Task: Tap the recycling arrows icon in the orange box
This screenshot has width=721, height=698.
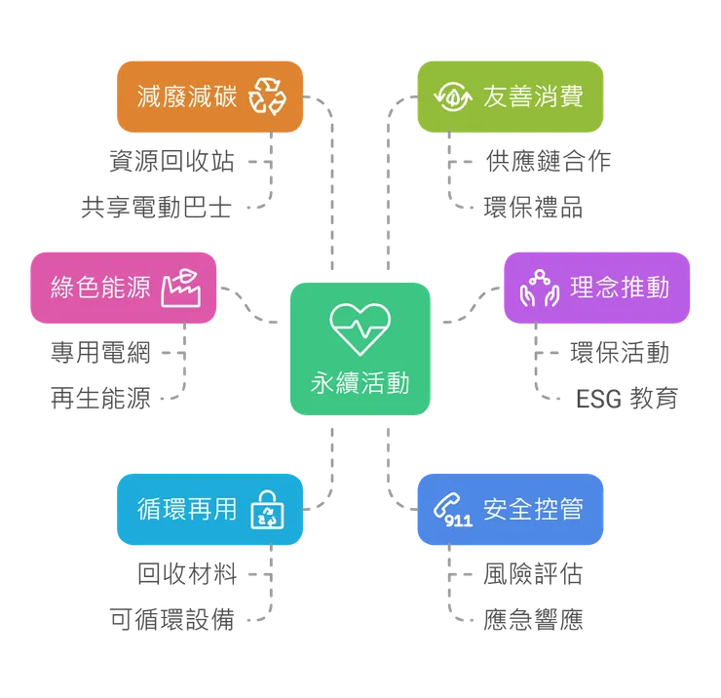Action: (x=268, y=97)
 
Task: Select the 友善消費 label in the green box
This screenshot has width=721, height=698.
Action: (x=533, y=97)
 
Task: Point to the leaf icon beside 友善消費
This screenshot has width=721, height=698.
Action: (x=453, y=97)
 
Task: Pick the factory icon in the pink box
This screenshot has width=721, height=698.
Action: (x=181, y=287)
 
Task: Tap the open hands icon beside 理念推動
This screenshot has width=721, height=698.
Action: (x=539, y=289)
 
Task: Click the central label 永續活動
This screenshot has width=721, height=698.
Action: (x=360, y=382)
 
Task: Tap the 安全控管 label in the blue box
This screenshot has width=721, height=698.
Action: (x=533, y=510)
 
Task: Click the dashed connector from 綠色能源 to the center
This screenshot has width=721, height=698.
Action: (x=251, y=307)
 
